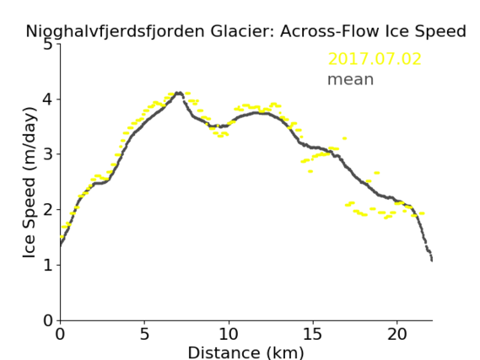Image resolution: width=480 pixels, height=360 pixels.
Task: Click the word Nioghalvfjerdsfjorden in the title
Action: pos(115,32)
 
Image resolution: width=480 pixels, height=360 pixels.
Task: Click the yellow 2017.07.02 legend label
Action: pos(375,59)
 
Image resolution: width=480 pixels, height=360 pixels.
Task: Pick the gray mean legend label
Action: pos(351,79)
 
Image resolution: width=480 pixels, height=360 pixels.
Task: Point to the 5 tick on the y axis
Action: pos(48,45)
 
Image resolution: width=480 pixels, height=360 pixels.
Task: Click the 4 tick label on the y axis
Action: pos(48,99)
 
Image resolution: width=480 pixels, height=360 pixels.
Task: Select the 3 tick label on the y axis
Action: pos(48,154)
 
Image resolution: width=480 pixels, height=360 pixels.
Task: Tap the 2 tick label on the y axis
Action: pos(48,210)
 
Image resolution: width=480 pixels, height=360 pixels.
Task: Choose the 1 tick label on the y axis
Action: pos(48,265)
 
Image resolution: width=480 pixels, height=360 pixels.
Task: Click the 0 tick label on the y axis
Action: pos(48,320)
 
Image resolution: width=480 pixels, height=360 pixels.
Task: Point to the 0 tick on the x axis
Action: pos(60,334)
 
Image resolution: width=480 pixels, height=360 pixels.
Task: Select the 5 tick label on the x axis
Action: pos(144,334)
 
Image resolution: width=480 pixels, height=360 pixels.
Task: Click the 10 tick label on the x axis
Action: pos(229,334)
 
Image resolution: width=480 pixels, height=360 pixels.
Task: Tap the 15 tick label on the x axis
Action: pos(313,334)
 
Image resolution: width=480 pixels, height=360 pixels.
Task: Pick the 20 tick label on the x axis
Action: pos(397,334)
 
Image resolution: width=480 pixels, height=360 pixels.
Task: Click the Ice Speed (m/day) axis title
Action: pos(30,183)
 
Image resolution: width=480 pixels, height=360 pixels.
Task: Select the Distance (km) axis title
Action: pos(245,352)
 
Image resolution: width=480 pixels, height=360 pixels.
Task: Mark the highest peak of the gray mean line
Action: pos(179,93)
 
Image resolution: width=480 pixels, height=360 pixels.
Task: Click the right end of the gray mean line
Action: pos(432,260)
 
